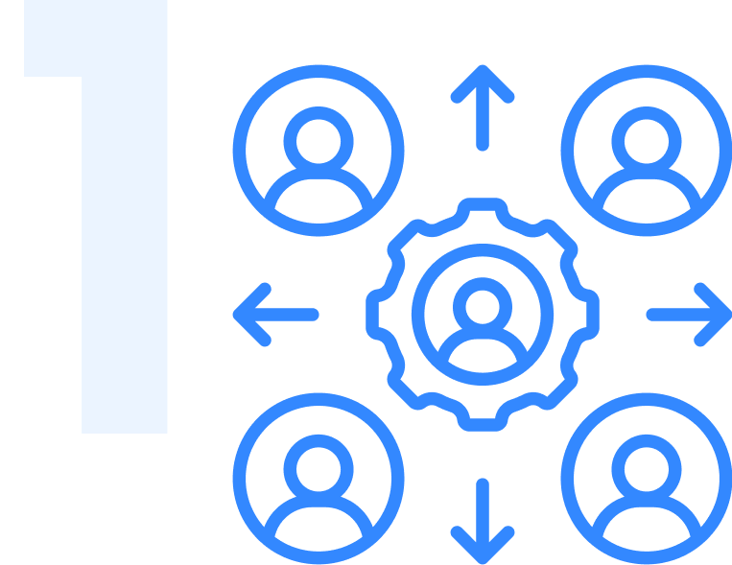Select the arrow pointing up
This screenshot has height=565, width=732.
[483, 106]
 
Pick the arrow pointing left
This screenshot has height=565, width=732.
[273, 314]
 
